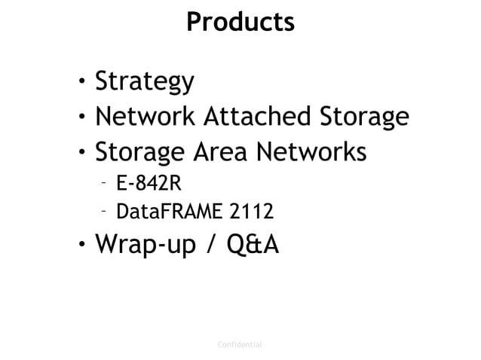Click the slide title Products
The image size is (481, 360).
(240, 22)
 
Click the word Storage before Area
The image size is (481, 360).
(141, 153)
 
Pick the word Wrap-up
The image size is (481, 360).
(149, 246)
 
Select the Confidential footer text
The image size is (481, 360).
(239, 344)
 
